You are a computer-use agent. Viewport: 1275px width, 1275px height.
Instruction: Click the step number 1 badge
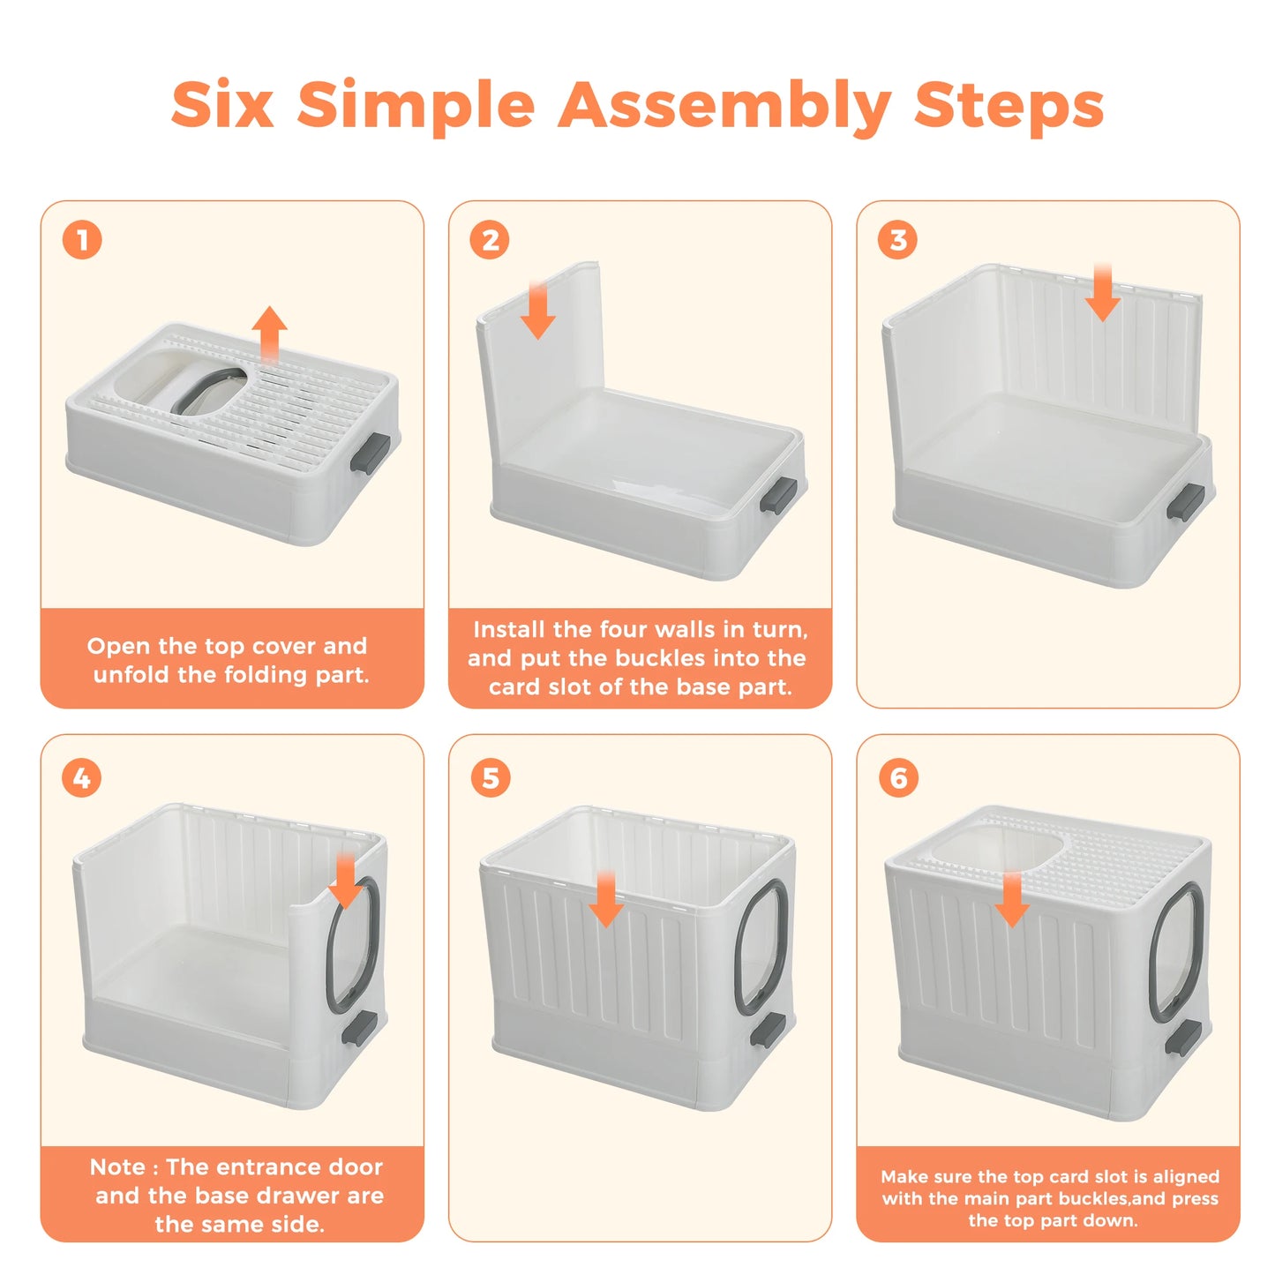pyautogui.click(x=82, y=240)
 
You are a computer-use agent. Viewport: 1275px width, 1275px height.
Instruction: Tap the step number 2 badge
pyautogui.click(x=490, y=240)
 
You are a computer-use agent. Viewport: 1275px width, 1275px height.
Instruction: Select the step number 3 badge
pyautogui.click(x=898, y=240)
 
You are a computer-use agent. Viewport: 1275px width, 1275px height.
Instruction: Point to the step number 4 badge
pyautogui.click(x=82, y=778)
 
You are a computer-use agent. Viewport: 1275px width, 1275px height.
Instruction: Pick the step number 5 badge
pyautogui.click(x=491, y=778)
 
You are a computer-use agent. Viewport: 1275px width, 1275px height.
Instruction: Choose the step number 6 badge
pyautogui.click(x=898, y=778)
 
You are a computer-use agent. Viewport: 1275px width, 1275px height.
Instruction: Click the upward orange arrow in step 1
pyautogui.click(x=269, y=334)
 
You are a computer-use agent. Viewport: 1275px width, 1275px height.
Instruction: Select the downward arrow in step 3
pyautogui.click(x=1102, y=292)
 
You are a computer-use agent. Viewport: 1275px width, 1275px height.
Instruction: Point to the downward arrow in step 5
pyautogui.click(x=606, y=899)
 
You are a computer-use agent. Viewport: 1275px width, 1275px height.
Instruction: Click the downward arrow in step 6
pyautogui.click(x=1012, y=899)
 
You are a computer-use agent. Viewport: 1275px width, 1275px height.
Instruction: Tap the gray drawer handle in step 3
pyautogui.click(x=1185, y=502)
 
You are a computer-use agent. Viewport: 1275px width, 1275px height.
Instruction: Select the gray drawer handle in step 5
pyautogui.click(x=768, y=1031)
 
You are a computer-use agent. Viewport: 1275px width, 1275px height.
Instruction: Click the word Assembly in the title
pyautogui.click(x=724, y=106)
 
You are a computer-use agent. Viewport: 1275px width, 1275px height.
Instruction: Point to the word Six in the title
pyautogui.click(x=222, y=103)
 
